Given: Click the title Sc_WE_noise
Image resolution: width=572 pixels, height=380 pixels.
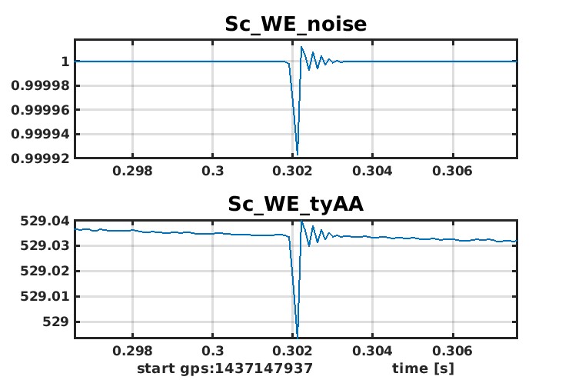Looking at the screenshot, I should point(295,24).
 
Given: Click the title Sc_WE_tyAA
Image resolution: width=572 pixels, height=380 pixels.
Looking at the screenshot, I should point(295,204).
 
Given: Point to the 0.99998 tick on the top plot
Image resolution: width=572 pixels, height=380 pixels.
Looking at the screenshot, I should point(43,85).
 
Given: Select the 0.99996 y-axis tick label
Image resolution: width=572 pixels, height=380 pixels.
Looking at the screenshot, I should point(43,110).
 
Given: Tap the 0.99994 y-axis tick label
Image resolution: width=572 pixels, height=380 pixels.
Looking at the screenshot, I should point(43,134).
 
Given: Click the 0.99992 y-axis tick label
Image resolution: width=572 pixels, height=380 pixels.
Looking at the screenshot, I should point(43,158).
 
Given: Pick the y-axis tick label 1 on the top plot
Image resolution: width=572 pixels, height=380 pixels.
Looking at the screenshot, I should point(66,62).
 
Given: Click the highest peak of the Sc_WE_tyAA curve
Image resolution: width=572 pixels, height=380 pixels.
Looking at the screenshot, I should point(301,221).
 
